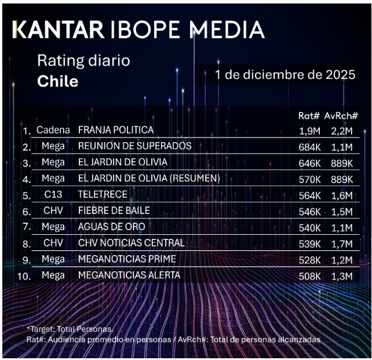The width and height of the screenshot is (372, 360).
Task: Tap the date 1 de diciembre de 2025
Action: (285, 75)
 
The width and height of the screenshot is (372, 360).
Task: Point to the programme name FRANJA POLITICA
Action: (116, 130)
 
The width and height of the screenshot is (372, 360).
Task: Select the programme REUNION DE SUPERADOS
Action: (134, 146)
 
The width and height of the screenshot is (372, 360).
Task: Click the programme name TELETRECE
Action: (103, 195)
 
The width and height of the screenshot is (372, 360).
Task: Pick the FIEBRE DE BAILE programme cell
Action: (114, 211)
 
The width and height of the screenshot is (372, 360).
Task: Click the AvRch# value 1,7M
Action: (341, 243)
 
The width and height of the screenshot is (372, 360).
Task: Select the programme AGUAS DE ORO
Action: (111, 227)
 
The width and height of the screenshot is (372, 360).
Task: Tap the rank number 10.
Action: (24, 277)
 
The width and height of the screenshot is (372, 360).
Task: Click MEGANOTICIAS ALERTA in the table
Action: (129, 275)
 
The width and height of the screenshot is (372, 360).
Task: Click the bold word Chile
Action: (57, 81)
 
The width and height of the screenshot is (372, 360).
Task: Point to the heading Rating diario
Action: (83, 60)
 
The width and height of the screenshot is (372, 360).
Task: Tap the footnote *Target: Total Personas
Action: (70, 329)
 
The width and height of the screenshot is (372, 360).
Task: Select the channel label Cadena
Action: (53, 130)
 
